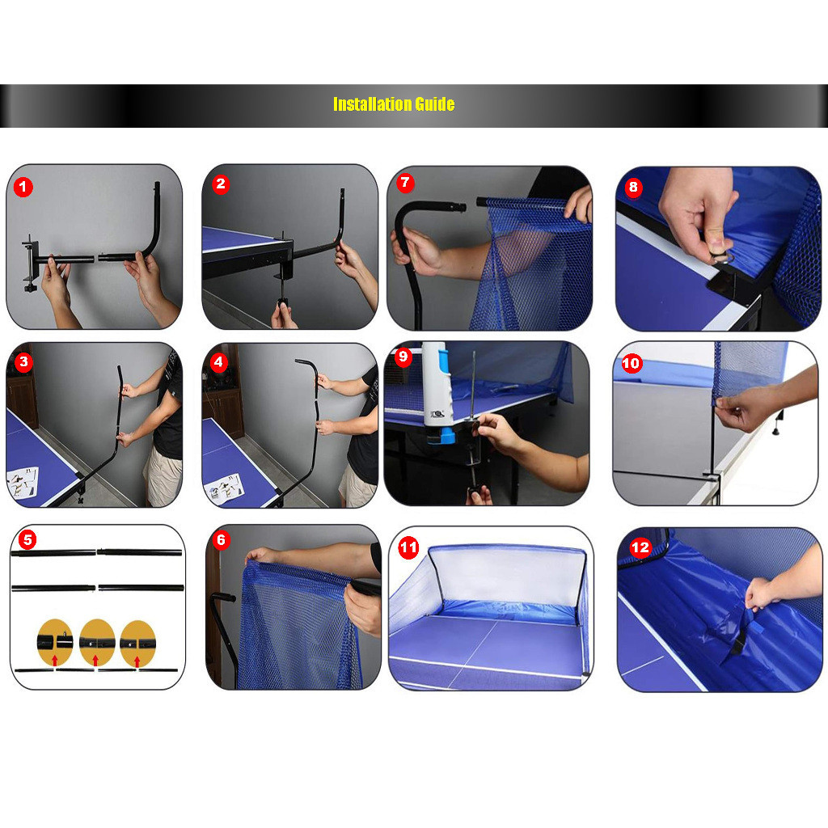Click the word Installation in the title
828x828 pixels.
372,104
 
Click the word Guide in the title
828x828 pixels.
434,104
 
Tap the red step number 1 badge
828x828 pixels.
23,187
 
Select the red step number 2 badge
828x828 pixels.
221,184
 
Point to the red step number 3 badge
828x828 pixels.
23,362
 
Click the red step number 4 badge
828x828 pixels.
218,363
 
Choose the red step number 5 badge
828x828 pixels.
27,539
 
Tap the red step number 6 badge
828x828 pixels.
222,539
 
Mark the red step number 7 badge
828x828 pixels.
405,183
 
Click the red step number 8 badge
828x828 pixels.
633,187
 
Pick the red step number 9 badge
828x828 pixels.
403,357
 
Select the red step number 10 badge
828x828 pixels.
631,363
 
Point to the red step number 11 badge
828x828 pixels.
408,547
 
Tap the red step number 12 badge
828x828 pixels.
640,547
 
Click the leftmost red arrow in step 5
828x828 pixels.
54,660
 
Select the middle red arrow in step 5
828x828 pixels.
95,660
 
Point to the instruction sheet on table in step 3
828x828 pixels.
23,482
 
